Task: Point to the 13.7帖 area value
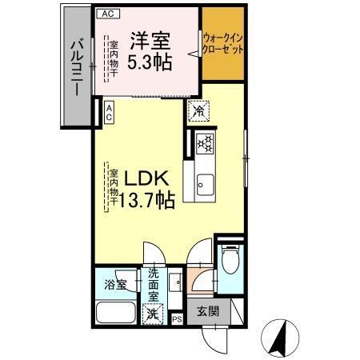pos(146,201)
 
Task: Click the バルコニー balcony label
pos(76,67)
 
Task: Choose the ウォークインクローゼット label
pos(223,42)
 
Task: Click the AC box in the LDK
pos(108,113)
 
